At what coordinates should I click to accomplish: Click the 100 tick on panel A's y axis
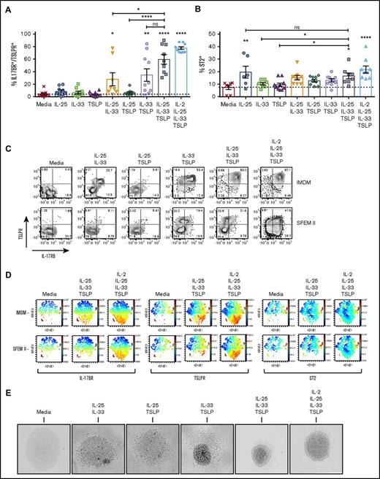(x=26, y=34)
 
